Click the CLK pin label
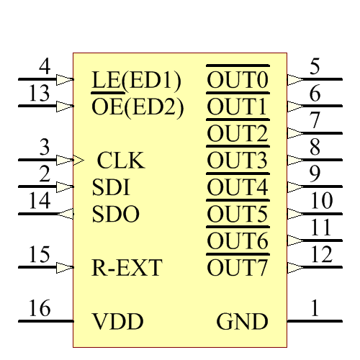click(x=121, y=160)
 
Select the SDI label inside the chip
click(x=111, y=187)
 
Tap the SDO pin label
click(x=116, y=214)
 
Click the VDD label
click(x=117, y=321)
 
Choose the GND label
click(x=243, y=321)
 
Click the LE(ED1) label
click(x=137, y=79)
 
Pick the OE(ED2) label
click(x=138, y=107)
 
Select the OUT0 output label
click(x=238, y=80)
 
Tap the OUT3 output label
click(x=238, y=160)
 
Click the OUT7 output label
click(x=238, y=268)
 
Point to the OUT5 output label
click(x=238, y=214)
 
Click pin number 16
click(x=40, y=309)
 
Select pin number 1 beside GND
click(x=315, y=309)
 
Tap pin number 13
click(x=40, y=94)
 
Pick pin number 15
click(x=40, y=255)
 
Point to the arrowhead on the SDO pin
click(x=66, y=214)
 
